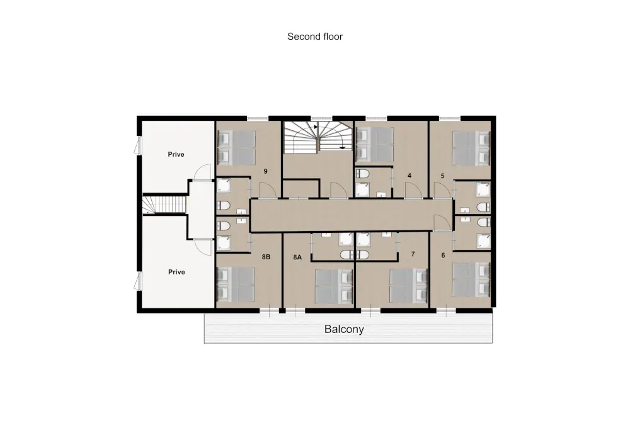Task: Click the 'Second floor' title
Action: [314, 37]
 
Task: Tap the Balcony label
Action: [344, 329]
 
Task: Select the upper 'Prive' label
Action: [176, 154]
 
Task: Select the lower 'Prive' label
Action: [176, 272]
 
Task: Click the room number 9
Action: [265, 171]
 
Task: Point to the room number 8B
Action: [266, 257]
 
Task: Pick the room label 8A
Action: [297, 257]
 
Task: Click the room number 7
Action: [413, 254]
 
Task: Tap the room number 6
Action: [443, 255]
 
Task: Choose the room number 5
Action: [442, 176]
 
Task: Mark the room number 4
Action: [409, 176]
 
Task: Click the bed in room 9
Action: [236, 147]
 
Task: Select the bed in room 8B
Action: [236, 284]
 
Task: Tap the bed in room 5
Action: [471, 148]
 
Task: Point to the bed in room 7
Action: [409, 286]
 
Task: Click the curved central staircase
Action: [318, 137]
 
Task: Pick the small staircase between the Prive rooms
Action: [164, 203]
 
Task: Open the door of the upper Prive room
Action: [202, 172]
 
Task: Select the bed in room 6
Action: [471, 279]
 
